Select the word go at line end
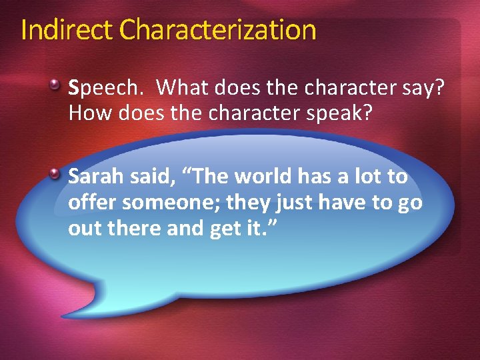pos(409,203)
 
